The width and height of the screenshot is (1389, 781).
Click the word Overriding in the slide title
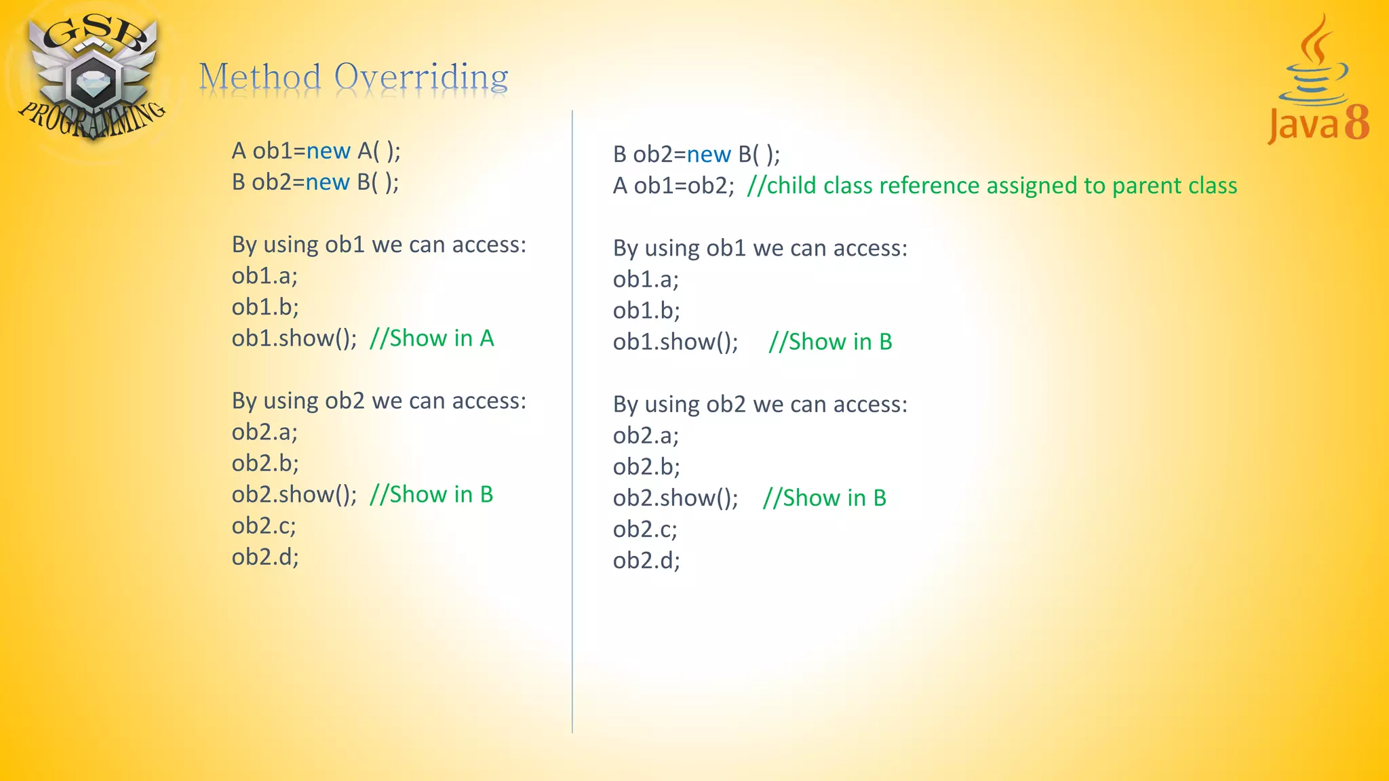pos(421,77)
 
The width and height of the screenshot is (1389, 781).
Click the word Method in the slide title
pos(260,77)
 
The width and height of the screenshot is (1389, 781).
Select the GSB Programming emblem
pos(92,75)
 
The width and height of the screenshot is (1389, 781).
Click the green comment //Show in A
pos(431,338)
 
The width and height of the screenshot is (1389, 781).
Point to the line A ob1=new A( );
pos(316,151)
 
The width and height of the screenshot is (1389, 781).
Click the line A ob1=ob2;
pos(673,186)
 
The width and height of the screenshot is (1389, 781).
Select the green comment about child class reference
pos(992,186)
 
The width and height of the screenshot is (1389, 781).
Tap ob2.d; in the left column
pos(265,557)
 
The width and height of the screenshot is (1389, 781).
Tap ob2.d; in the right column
pos(646,561)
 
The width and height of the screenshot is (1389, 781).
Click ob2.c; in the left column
pos(264,526)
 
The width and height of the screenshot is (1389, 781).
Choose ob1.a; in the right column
pos(646,279)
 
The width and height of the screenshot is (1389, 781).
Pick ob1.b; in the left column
pos(265,307)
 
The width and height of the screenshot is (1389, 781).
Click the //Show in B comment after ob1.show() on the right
pos(830,342)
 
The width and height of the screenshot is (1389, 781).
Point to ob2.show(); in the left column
pos(294,495)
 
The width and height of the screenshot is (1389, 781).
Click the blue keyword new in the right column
pos(709,155)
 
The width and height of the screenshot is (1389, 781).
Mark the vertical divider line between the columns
pos(572,420)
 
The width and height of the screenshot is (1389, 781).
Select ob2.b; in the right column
pos(646,467)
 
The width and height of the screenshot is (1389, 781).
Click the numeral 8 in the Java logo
pos(1356,123)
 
